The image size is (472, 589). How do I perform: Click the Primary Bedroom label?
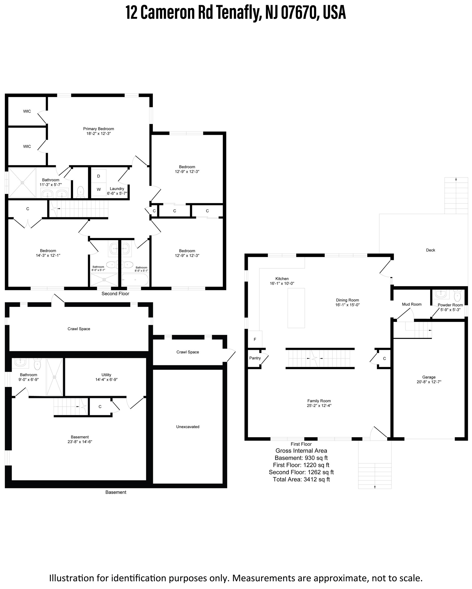98,129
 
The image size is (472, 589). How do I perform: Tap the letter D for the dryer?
99,176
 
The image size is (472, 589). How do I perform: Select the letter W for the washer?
99,189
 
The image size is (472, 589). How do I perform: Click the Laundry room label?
117,189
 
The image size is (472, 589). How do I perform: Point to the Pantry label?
255,358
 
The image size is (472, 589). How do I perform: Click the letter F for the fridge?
255,339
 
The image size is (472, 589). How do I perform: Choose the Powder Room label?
450,305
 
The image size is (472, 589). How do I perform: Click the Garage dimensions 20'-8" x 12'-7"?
429,382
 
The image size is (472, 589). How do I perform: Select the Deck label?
430,250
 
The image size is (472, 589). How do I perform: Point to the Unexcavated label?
188,427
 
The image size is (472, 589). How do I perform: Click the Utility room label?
106,375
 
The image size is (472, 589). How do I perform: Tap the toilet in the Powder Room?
457,296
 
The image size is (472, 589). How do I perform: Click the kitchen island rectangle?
296,308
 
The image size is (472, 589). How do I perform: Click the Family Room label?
319,401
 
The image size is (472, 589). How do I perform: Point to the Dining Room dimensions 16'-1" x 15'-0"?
347,305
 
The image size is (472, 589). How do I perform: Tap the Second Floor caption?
115,293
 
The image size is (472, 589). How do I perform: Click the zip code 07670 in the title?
299,13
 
